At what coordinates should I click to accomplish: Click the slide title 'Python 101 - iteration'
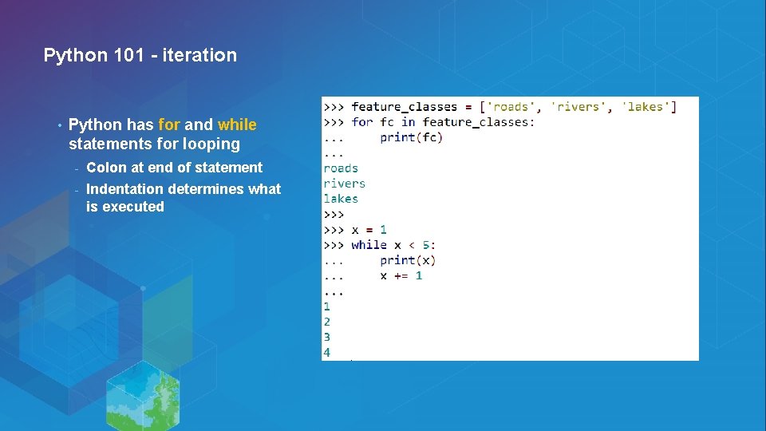tap(140, 55)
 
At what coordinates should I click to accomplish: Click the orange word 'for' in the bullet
tap(169, 125)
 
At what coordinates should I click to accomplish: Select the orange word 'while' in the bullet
tap(237, 125)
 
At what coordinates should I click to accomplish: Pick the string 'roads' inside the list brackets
tap(510, 107)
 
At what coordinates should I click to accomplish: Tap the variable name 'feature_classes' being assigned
tap(404, 107)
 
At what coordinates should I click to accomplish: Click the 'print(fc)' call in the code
tap(411, 137)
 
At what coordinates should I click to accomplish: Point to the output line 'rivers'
tap(344, 184)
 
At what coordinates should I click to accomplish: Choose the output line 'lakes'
tap(341, 199)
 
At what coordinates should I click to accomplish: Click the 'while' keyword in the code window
tap(369, 245)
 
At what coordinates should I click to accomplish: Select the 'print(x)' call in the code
tap(408, 260)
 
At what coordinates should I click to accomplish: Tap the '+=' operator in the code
tap(401, 275)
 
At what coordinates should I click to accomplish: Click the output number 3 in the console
tap(327, 337)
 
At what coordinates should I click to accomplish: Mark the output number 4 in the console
tap(327, 352)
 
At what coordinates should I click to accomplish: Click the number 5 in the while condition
tap(426, 245)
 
